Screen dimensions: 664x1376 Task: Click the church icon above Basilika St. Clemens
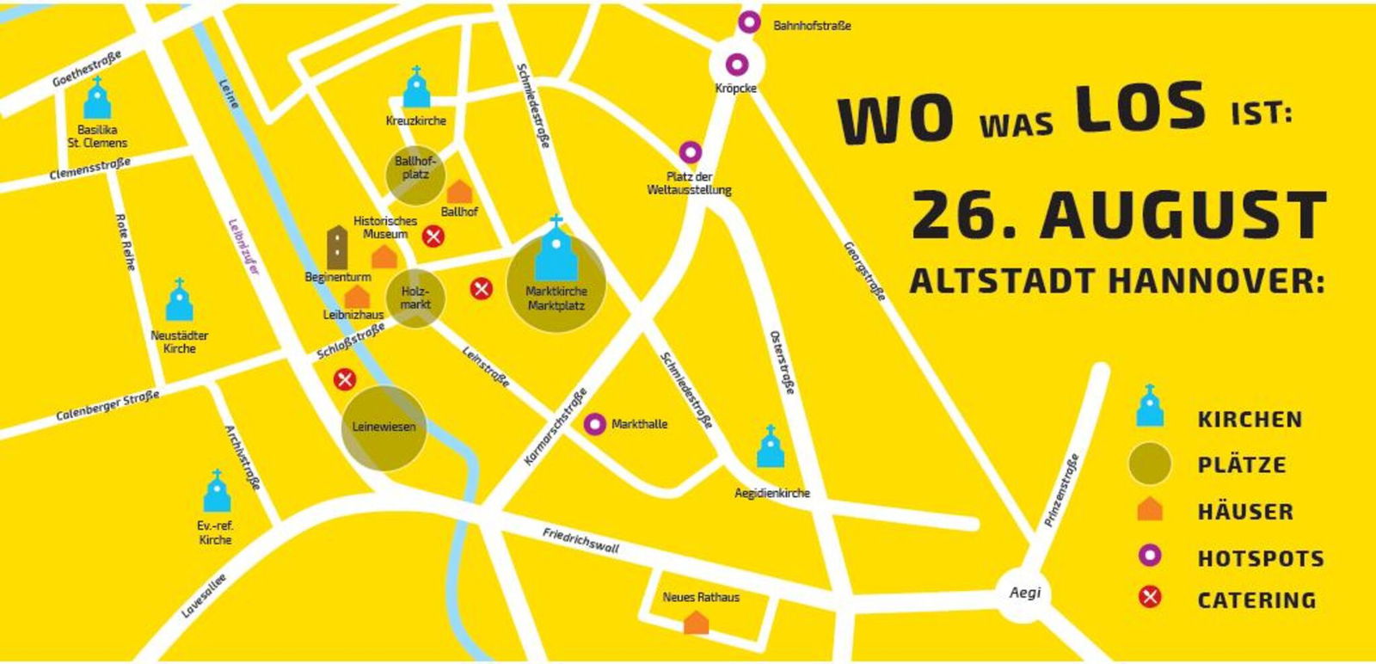pyautogui.click(x=96, y=99)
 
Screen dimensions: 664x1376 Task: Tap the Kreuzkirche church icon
pyautogui.click(x=416, y=89)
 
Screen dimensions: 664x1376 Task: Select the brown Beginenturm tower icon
pyautogui.click(x=338, y=247)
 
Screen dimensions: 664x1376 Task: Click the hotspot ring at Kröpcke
pyautogui.click(x=737, y=64)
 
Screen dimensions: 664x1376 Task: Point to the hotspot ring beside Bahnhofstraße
pyautogui.click(x=749, y=22)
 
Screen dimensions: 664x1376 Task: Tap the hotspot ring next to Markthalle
pyautogui.click(x=594, y=424)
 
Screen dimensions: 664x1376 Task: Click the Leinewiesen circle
pyautogui.click(x=384, y=427)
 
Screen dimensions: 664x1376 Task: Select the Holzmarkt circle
pyautogui.click(x=415, y=298)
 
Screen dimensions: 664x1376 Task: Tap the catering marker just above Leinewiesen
pyautogui.click(x=345, y=378)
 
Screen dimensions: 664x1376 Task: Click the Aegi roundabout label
pyautogui.click(x=1024, y=592)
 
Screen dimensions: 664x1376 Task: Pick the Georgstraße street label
pyautogui.click(x=863, y=270)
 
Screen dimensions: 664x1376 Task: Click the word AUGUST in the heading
pyautogui.click(x=1183, y=216)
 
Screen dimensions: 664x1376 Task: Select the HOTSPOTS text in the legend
pyautogui.click(x=1261, y=558)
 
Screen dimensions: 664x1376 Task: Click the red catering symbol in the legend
pyautogui.click(x=1150, y=597)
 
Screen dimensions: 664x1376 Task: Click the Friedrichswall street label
pyautogui.click(x=580, y=540)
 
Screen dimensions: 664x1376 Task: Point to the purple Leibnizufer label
pyautogui.click(x=243, y=247)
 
